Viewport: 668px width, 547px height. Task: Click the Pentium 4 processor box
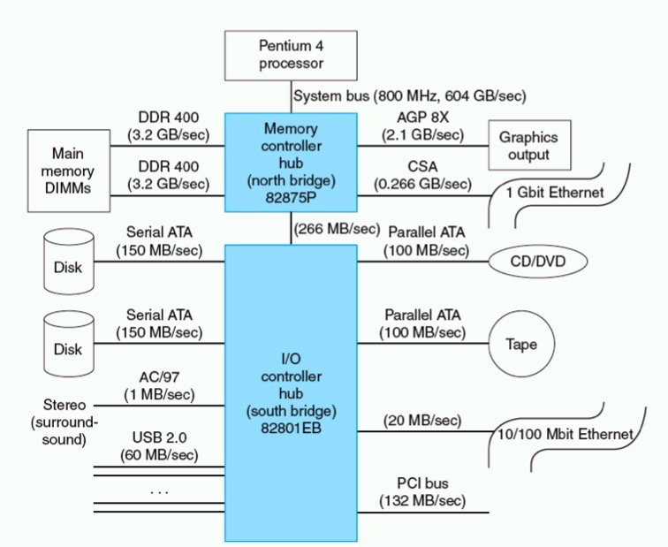point(291,54)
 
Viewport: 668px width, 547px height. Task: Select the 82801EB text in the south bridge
point(291,428)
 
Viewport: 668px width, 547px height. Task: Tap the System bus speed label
point(409,95)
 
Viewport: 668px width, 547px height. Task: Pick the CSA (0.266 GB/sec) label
point(423,174)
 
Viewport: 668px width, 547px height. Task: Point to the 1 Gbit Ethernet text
point(555,193)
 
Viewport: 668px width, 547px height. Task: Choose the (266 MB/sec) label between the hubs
point(337,229)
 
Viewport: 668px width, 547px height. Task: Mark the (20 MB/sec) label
point(423,419)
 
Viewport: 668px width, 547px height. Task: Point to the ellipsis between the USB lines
point(158,490)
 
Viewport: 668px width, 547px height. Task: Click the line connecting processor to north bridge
point(291,95)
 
